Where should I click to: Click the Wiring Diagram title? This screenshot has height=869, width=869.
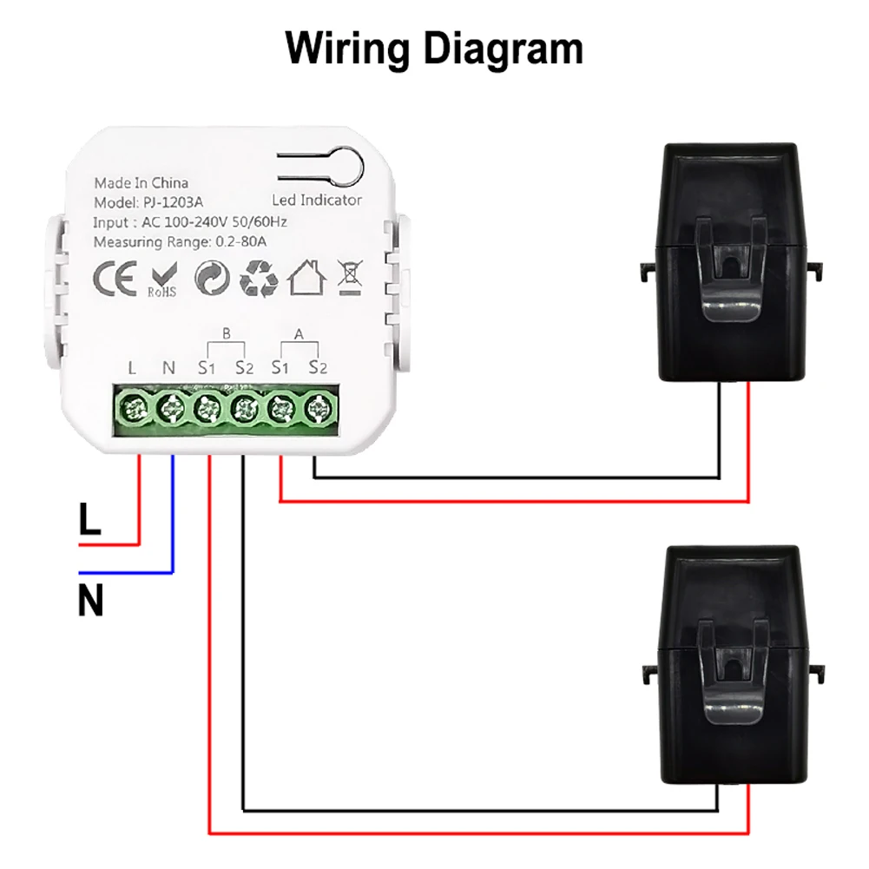click(434, 49)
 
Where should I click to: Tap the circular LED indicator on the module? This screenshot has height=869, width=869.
click(342, 163)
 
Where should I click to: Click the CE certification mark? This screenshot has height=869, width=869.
click(115, 280)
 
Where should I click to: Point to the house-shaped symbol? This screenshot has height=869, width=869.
click(306, 278)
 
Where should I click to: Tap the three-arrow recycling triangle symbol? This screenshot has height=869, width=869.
click(258, 278)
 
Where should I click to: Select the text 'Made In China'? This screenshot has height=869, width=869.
click(141, 183)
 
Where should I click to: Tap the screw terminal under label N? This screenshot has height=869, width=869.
click(169, 407)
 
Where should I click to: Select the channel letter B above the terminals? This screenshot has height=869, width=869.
click(226, 332)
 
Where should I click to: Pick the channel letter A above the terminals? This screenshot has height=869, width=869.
click(300, 332)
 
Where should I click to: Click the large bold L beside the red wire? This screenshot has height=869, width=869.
click(90, 520)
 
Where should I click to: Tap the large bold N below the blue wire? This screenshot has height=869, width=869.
click(90, 601)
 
